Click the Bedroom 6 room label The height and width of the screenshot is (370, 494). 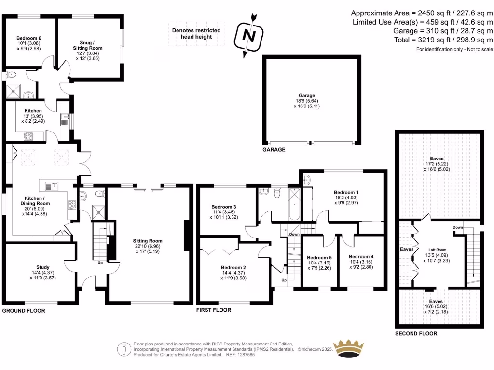click(x=28, y=38)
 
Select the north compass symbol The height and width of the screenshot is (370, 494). click(x=248, y=35)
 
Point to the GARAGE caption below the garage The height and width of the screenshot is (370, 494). click(x=274, y=150)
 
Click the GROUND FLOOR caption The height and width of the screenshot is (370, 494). click(x=24, y=311)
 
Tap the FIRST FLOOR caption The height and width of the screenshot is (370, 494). click(x=213, y=310)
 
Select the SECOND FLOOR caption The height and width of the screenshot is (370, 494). click(x=416, y=333)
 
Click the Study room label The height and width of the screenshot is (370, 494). click(x=43, y=267)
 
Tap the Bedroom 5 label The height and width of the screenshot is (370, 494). click(x=319, y=257)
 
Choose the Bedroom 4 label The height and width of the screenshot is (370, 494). click(x=361, y=256)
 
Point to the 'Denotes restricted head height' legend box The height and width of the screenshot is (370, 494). click(x=196, y=34)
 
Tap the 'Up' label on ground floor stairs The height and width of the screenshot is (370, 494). click(x=100, y=264)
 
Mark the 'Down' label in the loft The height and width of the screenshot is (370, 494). click(x=458, y=227)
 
